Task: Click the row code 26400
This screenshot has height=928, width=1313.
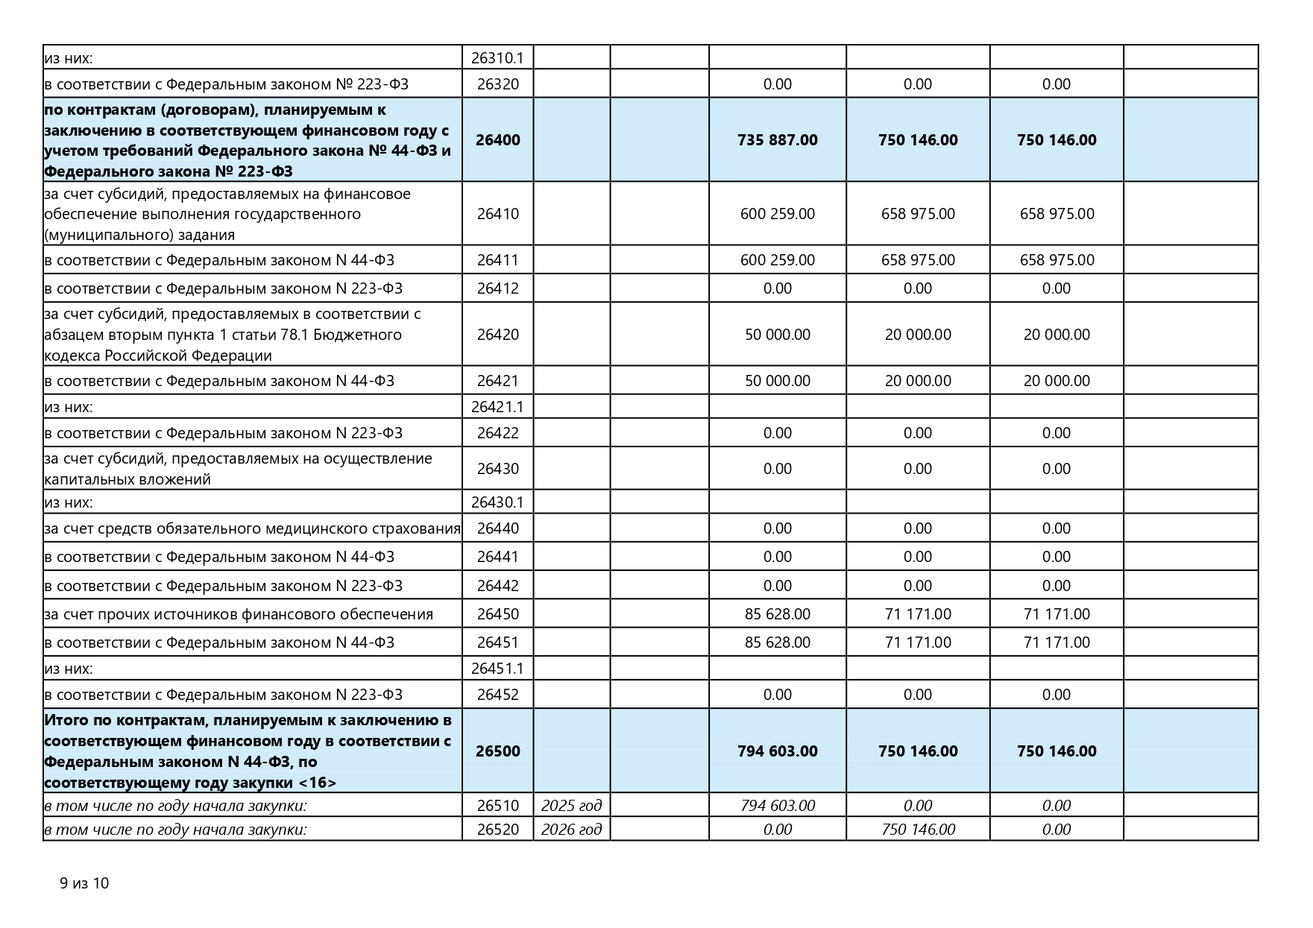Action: [497, 140]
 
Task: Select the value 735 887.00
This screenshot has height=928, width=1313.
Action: [777, 140]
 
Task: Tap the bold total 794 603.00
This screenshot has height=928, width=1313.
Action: [777, 751]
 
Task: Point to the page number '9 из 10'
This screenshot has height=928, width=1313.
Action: [84, 883]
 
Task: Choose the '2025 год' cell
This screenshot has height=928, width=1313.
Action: [571, 806]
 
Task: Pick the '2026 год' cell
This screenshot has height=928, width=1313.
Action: [571, 830]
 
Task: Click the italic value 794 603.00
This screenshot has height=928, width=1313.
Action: [777, 806]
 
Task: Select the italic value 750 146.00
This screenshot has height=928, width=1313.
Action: [917, 830]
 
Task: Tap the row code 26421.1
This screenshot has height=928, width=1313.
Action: [497, 407]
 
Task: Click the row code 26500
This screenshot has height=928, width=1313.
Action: [497, 751]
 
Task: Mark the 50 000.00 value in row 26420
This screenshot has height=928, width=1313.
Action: [777, 335]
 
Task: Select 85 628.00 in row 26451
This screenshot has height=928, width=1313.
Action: [777, 643]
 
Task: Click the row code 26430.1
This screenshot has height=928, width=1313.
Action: [497, 502]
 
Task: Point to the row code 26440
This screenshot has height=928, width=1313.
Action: [497, 529]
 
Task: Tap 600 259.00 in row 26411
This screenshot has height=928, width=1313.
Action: [777, 260]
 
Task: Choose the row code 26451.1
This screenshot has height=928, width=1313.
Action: [497, 669]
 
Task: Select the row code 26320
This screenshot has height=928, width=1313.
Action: [497, 84]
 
